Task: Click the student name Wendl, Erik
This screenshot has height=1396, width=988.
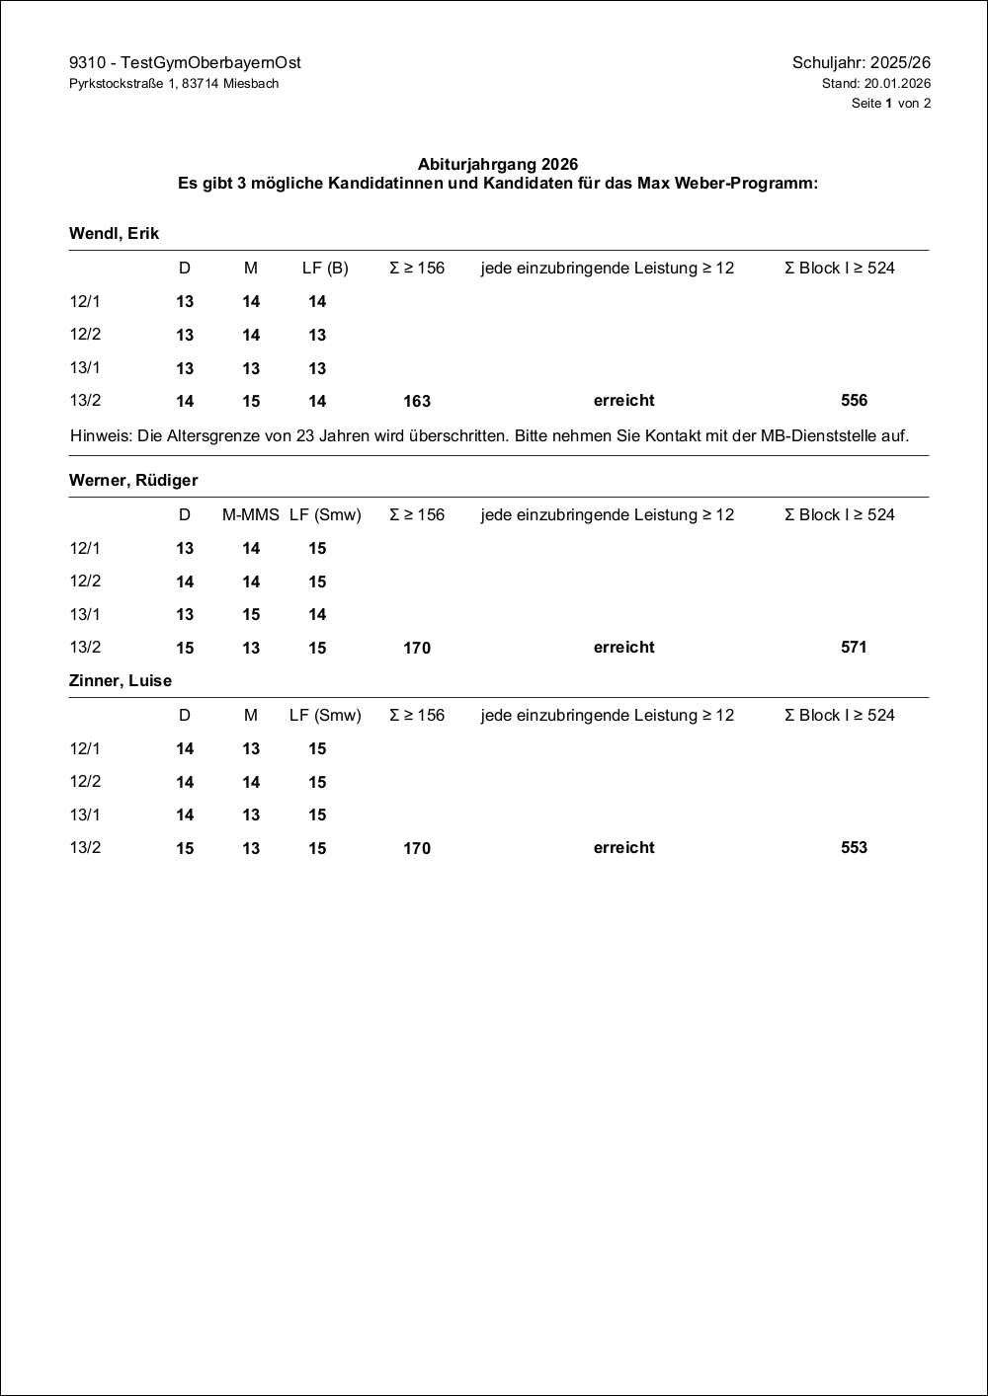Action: pos(114,234)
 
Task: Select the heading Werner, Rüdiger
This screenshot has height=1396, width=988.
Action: pos(133,481)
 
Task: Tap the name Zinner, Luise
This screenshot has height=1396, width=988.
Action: pos(121,681)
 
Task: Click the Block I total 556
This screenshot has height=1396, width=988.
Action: pos(854,401)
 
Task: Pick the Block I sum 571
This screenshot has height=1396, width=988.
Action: pos(854,648)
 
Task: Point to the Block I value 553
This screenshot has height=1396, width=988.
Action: pos(854,848)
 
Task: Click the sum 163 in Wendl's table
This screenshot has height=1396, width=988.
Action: pos(417,402)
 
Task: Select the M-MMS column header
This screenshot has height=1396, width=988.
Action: pos(251,515)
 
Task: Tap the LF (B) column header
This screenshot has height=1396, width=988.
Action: pos(325,269)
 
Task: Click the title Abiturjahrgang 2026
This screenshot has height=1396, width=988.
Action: pos(498,165)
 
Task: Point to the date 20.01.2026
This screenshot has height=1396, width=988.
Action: pos(897,84)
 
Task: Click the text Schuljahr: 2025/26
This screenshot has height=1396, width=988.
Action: pos(861,63)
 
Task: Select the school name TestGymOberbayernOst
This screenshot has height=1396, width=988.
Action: pos(210,63)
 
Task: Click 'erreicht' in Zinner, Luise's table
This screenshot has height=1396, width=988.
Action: pos(623,848)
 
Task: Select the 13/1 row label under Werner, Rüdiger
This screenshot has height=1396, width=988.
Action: pos(85,615)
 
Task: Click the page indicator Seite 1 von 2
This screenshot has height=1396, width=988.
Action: pos(890,104)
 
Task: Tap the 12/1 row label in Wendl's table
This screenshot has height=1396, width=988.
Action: pos(85,302)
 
